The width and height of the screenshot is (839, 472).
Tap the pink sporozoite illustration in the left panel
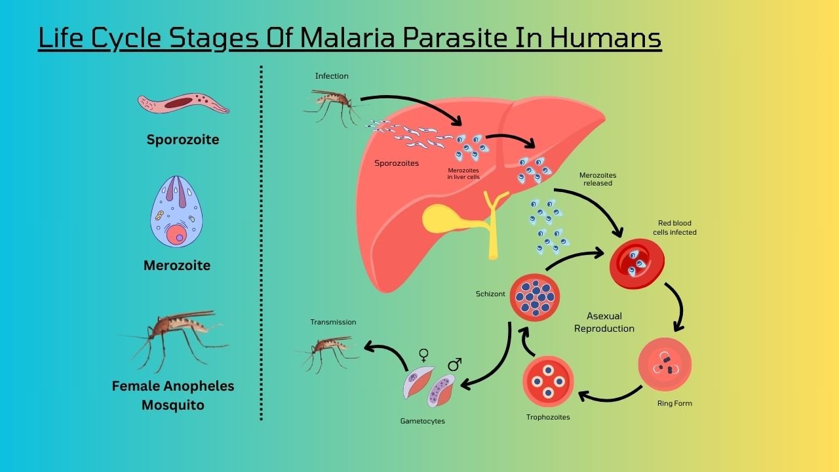coord(183,103)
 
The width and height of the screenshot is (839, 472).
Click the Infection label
coord(332,76)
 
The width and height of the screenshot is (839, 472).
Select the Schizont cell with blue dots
coord(535,297)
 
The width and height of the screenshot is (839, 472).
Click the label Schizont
coord(490,294)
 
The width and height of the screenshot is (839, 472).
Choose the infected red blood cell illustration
coord(636,264)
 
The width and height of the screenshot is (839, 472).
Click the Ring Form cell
coord(665,364)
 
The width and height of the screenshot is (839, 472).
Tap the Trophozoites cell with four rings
coord(549,382)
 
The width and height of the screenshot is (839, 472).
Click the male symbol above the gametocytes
coord(455,364)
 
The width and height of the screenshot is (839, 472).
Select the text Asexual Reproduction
coord(604,323)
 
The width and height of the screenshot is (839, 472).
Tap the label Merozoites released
coord(597,179)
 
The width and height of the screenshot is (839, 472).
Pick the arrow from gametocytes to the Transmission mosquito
coord(387,355)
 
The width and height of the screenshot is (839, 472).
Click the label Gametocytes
coord(422,421)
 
